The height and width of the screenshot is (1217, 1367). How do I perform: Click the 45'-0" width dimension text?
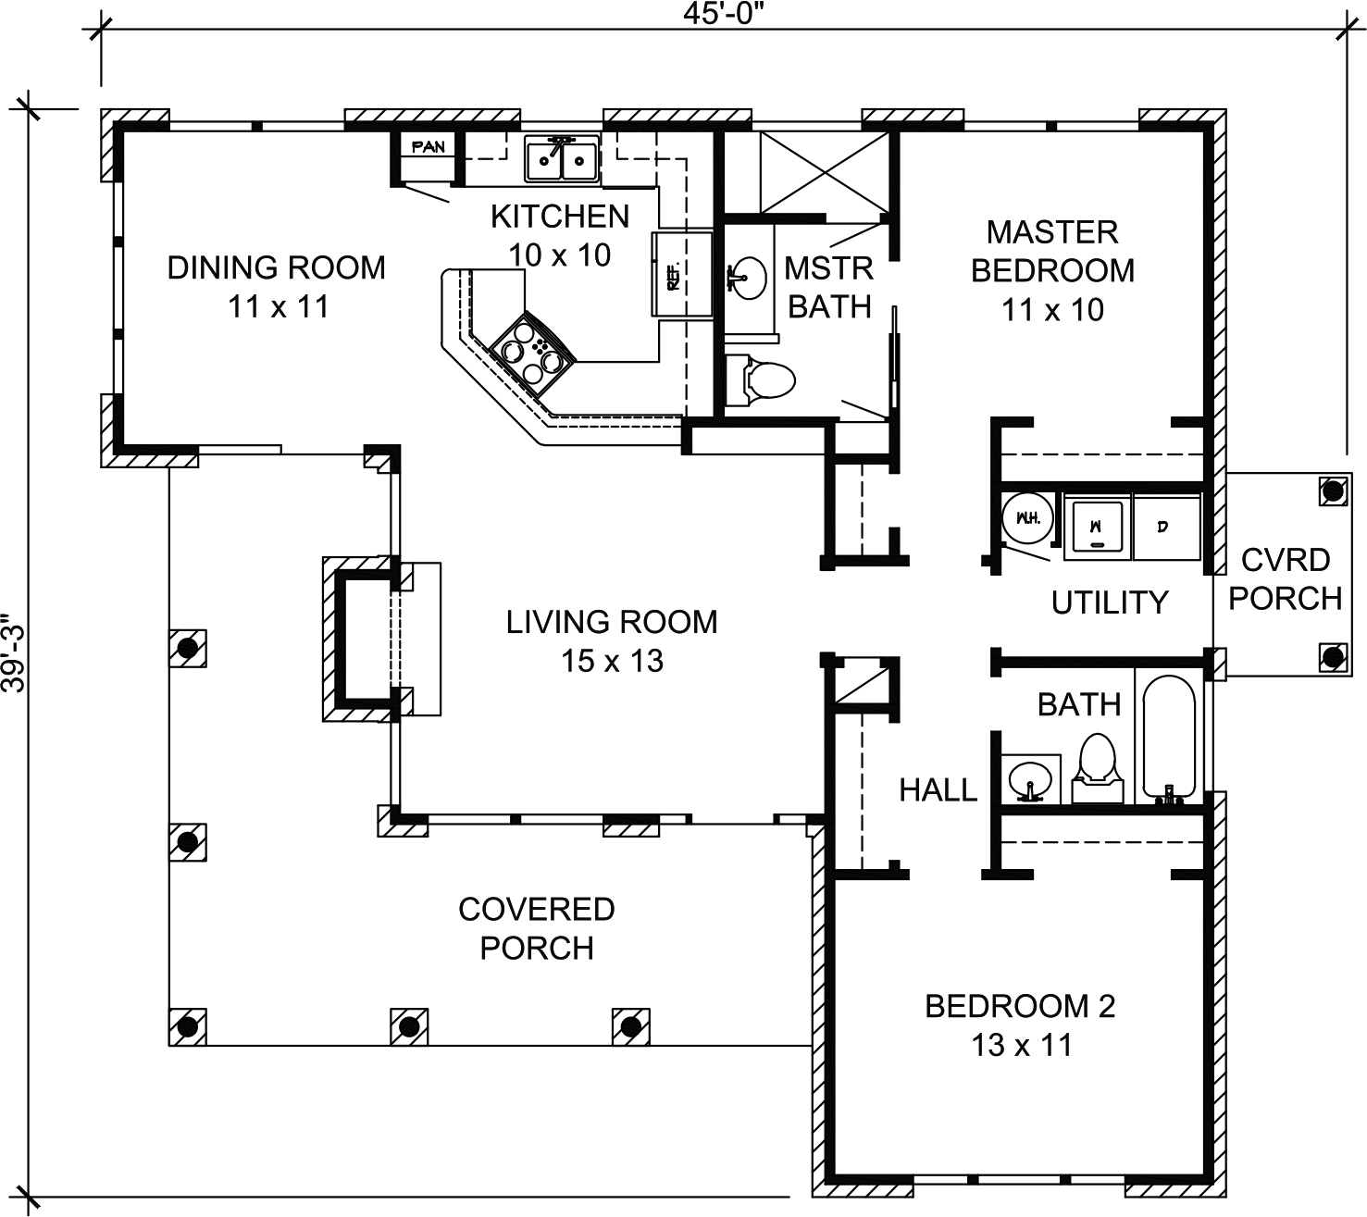tap(724, 13)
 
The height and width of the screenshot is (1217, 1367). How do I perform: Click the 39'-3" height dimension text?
tap(14, 652)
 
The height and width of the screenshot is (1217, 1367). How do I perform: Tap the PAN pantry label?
tap(428, 146)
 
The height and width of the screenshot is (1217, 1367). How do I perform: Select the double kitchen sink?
tap(562, 160)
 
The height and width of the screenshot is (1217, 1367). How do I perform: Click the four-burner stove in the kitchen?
tap(532, 354)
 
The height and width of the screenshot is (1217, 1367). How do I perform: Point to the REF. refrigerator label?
tap(673, 276)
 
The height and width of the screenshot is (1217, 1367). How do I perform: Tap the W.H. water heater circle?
tap(1027, 518)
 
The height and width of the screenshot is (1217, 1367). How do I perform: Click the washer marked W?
tap(1097, 527)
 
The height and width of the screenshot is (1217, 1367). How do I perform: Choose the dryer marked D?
tap(1166, 527)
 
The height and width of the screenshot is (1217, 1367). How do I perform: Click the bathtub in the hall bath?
tap(1169, 739)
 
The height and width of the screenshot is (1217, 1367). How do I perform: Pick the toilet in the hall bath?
tap(1097, 768)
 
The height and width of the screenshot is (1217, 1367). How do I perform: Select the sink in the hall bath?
tap(1029, 779)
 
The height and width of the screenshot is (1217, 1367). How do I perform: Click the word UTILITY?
tap(1110, 602)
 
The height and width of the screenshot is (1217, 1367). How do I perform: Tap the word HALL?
tap(938, 790)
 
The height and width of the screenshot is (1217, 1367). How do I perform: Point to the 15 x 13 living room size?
tap(612, 661)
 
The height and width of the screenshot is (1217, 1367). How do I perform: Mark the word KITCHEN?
tap(560, 217)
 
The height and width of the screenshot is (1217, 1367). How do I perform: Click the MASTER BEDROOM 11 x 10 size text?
tap(1052, 310)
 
